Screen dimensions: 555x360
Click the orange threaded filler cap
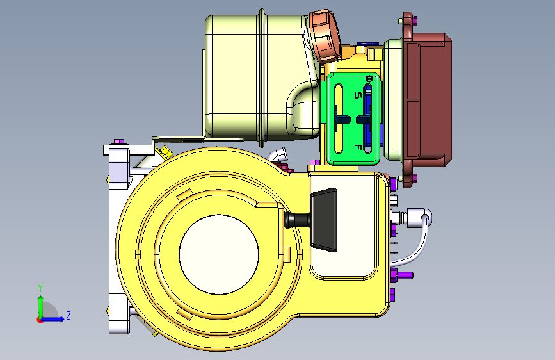coord(324,36)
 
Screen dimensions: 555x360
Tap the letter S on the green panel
coord(358,95)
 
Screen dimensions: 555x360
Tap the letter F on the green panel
coord(358,147)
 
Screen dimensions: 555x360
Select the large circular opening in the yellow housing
coord(219,254)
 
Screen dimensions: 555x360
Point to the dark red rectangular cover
coord(429,99)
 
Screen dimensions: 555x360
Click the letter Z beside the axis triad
coord(68,315)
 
